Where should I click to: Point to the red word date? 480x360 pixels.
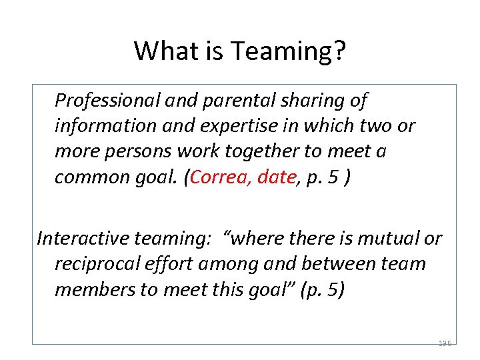[x=275, y=177]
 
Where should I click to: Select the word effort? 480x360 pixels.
[x=179, y=264]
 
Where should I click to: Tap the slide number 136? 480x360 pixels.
[x=445, y=343]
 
